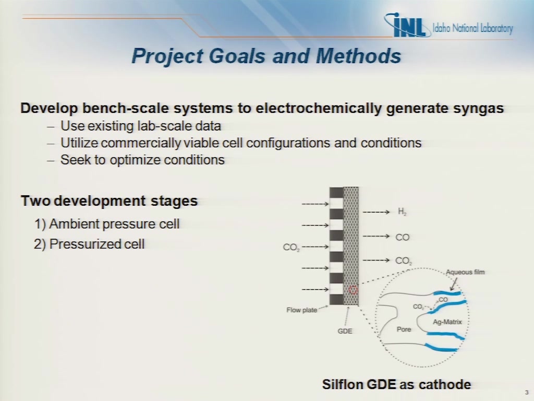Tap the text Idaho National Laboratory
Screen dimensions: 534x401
[472, 28]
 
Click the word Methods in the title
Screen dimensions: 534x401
[359, 55]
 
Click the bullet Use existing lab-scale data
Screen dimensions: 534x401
[141, 126]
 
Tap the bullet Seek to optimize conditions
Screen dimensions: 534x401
[142, 160]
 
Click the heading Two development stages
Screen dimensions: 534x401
[110, 201]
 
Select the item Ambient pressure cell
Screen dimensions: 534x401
[107, 224]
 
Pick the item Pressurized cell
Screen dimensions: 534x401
[89, 244]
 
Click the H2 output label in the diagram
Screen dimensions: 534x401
[402, 212]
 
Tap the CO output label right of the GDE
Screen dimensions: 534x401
[402, 238]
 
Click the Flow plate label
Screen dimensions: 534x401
[302, 310]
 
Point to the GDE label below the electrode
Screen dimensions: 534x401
[345, 331]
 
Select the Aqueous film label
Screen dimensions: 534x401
[465, 272]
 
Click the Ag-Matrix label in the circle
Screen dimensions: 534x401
[447, 322]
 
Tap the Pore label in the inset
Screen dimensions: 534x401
[404, 329]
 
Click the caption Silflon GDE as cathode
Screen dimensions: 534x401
[397, 384]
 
